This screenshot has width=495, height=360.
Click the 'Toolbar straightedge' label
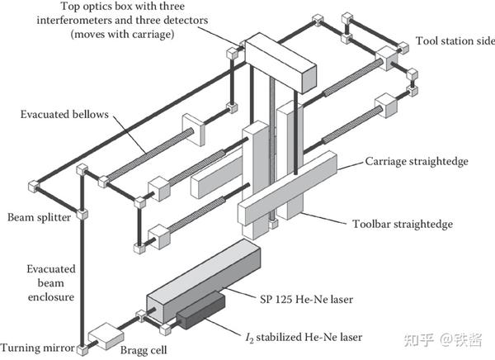tap(398, 223)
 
